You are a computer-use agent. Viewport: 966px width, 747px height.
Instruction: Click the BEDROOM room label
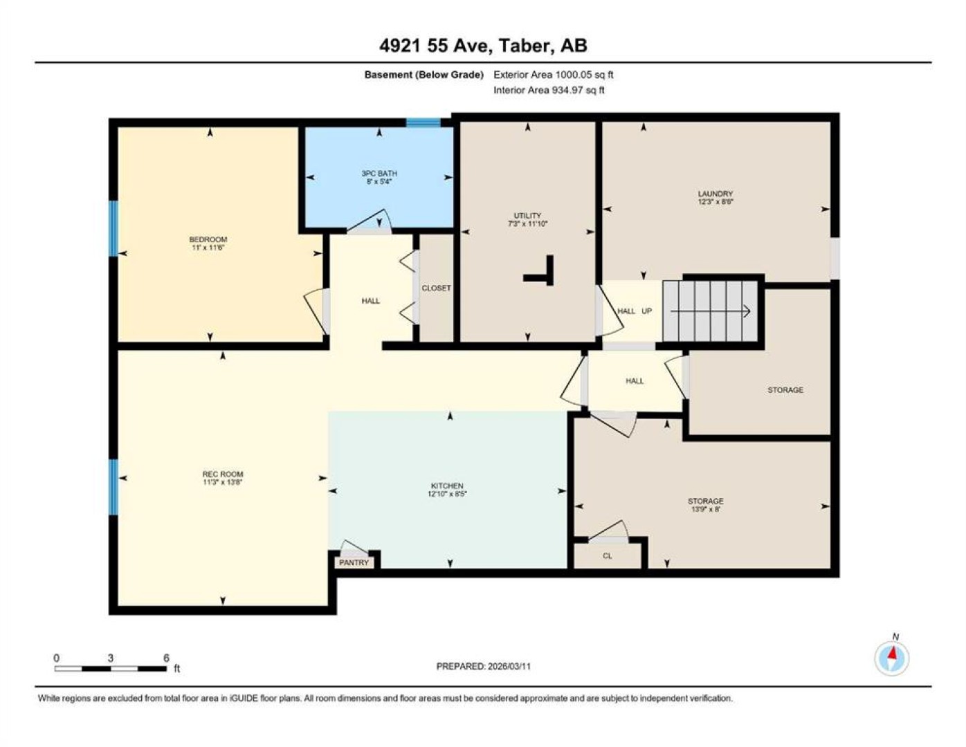click(208, 239)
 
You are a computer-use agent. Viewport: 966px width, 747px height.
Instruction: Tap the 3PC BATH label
click(379, 174)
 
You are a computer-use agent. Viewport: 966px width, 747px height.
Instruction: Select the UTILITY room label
click(527, 216)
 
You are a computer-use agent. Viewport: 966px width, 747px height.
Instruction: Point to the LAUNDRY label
click(716, 194)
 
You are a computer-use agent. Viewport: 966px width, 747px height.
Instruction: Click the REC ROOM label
click(223, 474)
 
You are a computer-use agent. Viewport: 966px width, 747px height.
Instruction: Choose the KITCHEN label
click(447, 486)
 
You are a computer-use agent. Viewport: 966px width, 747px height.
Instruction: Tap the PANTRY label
click(354, 562)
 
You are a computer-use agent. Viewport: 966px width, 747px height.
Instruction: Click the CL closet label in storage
click(608, 556)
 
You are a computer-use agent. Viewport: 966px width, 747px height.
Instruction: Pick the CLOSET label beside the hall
click(436, 288)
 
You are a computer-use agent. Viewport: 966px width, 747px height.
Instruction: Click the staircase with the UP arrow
click(710, 311)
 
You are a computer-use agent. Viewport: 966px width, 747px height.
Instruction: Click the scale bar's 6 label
click(166, 658)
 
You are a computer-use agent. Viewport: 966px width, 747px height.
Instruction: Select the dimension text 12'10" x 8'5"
click(447, 494)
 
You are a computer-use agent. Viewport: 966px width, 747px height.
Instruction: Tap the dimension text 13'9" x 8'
click(706, 509)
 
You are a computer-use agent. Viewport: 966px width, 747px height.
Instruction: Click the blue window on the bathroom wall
click(423, 122)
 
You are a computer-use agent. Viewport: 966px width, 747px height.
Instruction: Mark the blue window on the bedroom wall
click(113, 228)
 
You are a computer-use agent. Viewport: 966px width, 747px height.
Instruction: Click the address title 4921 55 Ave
click(436, 46)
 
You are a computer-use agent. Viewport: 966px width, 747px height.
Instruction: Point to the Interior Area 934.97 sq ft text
click(549, 90)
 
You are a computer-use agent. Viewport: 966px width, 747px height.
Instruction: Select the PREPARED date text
click(483, 667)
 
